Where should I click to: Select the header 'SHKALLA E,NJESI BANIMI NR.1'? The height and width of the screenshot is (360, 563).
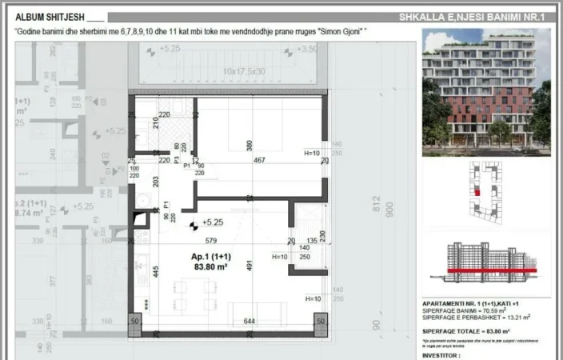click(x=477, y=17)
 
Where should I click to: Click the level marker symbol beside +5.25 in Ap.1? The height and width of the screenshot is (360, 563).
click(x=193, y=226)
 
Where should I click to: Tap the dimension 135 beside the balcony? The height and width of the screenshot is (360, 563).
click(x=311, y=239)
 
